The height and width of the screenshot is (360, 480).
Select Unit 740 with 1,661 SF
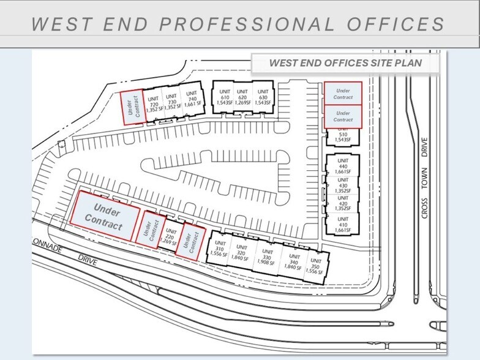pyautogui.click(x=192, y=102)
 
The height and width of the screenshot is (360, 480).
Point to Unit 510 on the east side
pyautogui.click(x=342, y=137)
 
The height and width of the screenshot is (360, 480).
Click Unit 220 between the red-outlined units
pyautogui.click(x=171, y=236)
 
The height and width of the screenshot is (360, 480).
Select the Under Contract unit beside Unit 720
pyautogui.click(x=134, y=107)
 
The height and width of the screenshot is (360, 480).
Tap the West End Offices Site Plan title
pyautogui.click(x=346, y=63)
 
